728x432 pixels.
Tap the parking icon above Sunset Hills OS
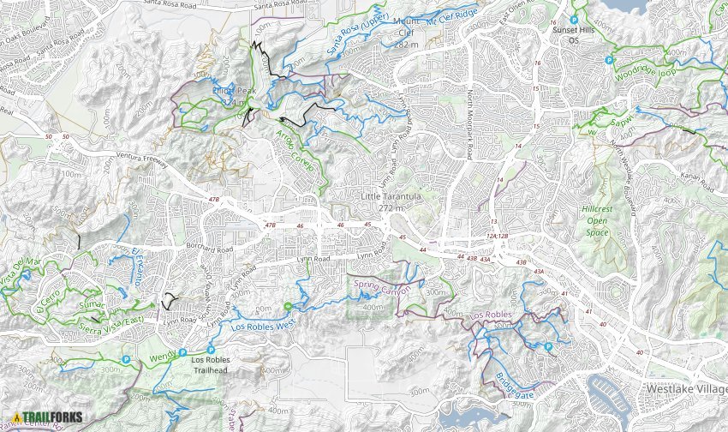click(x=574, y=19)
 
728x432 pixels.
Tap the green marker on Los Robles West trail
click(x=288, y=306)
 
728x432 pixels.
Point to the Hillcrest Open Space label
click(x=597, y=220)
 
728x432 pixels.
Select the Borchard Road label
click(x=209, y=248)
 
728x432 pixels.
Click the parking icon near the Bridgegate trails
click(x=548, y=347)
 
